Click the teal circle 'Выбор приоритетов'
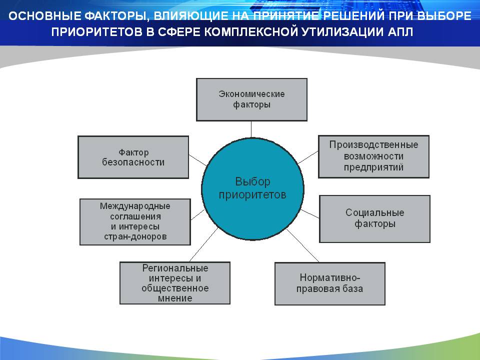tap(252, 189)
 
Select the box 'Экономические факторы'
tap(251, 99)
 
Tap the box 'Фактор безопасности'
tap(133, 157)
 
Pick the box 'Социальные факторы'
tap(374, 219)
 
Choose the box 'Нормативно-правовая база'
tap(329, 283)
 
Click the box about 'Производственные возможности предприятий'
tap(373, 156)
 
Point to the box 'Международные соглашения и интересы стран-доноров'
tap(135, 222)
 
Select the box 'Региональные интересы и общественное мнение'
tap(175, 283)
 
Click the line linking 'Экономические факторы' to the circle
tap(251, 129)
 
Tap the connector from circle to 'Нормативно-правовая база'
tap(303, 245)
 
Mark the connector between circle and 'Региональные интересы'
tap(203, 244)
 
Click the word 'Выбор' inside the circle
tap(252, 181)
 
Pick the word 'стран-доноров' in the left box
tap(135, 236)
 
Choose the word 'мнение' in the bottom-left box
tap(175, 298)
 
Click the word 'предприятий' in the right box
tap(373, 167)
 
